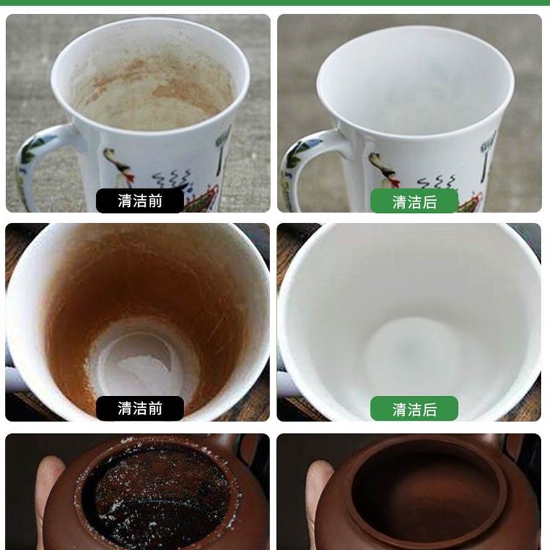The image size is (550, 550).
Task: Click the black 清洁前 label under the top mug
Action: point(140,201)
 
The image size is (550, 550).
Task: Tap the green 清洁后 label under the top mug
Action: point(415,201)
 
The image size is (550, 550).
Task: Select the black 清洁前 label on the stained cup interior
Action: point(140,408)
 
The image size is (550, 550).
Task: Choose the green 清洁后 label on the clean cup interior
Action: point(415,409)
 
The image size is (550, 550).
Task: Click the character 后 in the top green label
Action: point(430,201)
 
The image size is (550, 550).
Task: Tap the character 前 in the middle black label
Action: point(155,408)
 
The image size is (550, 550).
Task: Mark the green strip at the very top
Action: point(275,3)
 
